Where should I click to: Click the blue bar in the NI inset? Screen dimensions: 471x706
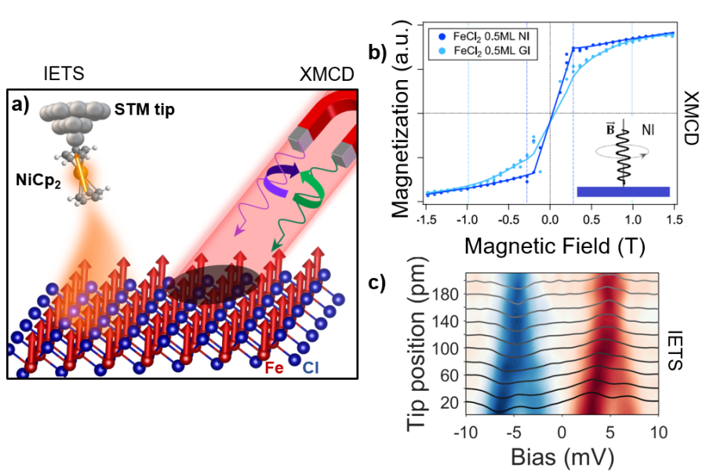click(x=623, y=191)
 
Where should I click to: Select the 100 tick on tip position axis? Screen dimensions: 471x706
click(x=446, y=346)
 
